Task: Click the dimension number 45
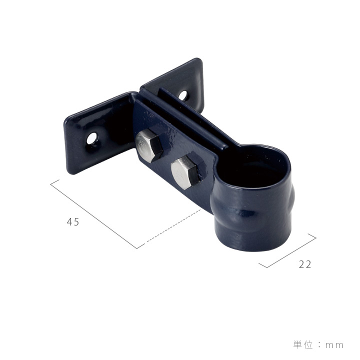click(x=73, y=222)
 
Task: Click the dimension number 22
click(x=305, y=264)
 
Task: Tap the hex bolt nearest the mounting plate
click(x=149, y=145)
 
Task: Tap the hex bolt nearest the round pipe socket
click(x=184, y=172)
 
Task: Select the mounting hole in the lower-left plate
click(x=92, y=138)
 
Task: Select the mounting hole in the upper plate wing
click(x=183, y=95)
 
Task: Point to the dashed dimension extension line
click(x=174, y=225)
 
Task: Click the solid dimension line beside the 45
click(x=93, y=214)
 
